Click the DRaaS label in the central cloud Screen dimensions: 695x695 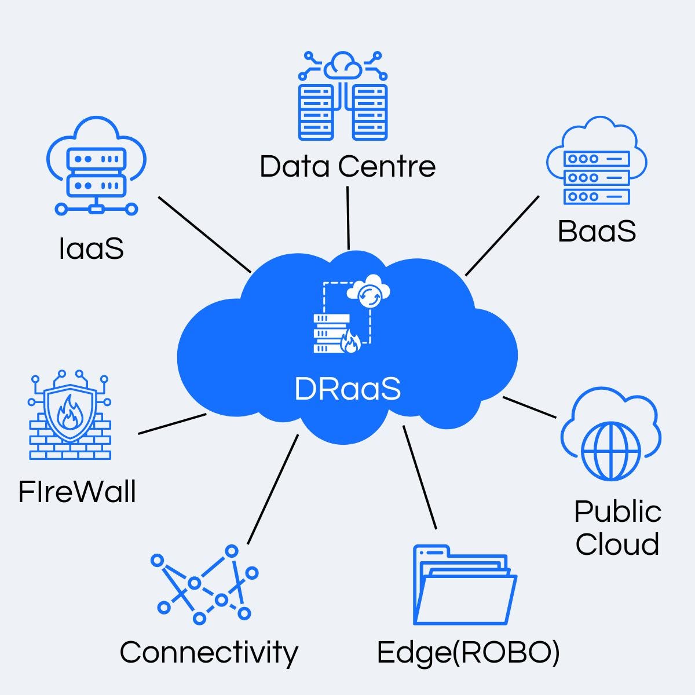click(347, 389)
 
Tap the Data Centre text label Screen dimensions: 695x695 click(347, 167)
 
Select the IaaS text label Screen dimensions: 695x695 click(92, 248)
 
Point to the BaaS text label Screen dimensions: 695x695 click(597, 231)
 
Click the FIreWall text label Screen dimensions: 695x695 click(77, 492)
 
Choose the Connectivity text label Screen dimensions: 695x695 click(209, 652)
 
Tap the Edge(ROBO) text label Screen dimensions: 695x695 click(468, 652)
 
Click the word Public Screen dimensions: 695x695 click(617, 511)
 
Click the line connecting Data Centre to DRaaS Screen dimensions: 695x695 click(348, 218)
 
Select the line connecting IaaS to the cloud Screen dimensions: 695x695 click(204, 234)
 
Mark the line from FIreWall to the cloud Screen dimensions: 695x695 click(173, 424)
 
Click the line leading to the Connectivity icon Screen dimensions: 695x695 click(273, 489)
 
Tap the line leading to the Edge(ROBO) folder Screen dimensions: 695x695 click(419, 478)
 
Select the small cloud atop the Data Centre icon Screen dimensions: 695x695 click(342, 65)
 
